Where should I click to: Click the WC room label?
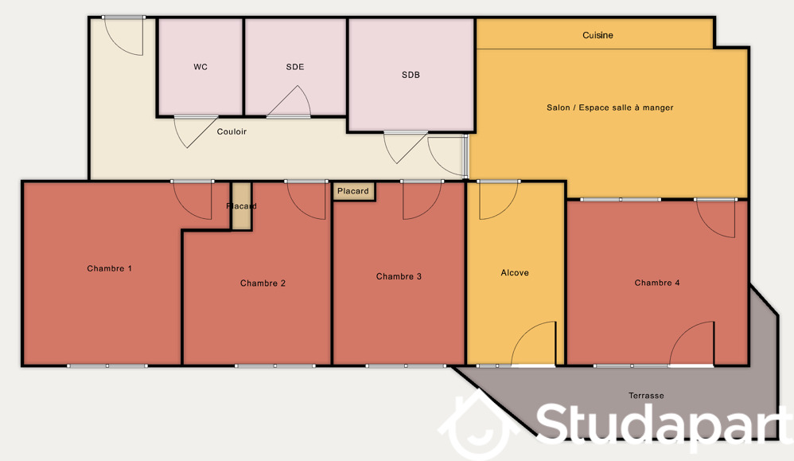click(200, 67)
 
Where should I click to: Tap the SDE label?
click(295, 67)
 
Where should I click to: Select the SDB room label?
click(411, 75)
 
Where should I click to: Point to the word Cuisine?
click(597, 35)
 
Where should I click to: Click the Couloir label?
click(232, 131)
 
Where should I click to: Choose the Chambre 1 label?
click(109, 268)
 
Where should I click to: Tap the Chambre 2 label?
click(263, 283)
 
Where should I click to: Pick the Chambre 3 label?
click(399, 276)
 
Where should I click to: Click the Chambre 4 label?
click(657, 283)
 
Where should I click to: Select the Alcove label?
click(515, 272)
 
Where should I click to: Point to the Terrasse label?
click(646, 396)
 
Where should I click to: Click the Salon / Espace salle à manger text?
click(609, 107)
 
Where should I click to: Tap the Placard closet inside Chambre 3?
click(353, 192)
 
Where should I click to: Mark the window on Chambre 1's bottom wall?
click(107, 365)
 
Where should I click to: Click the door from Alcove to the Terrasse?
click(534, 343)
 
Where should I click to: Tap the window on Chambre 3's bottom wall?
click(406, 365)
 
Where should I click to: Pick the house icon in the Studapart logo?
click(476, 424)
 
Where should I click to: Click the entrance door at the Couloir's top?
click(123, 36)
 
